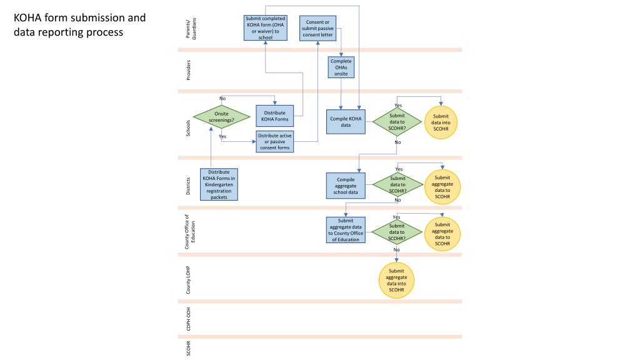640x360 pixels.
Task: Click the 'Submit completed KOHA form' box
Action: [265, 27]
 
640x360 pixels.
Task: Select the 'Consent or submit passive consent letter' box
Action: [317, 28]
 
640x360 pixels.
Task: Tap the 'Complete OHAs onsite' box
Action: [341, 67]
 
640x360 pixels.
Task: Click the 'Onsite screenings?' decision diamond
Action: [221, 117]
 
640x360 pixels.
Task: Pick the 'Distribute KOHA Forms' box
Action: [275, 116]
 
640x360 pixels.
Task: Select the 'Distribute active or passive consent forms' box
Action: [275, 142]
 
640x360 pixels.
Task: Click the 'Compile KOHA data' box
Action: [346, 122]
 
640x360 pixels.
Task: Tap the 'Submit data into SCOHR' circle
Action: [441, 122]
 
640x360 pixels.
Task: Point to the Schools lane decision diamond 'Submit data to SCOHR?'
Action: [397, 122]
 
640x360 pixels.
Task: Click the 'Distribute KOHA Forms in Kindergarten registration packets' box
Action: [219, 184]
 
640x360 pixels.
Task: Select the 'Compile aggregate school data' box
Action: [346, 186]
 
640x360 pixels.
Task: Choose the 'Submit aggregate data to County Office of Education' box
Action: [346, 230]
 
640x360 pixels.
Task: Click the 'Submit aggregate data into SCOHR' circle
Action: [396, 280]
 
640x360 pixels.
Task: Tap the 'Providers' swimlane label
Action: [188, 70]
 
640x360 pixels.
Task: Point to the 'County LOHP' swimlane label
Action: [188, 280]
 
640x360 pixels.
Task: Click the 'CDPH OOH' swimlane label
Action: [188, 319]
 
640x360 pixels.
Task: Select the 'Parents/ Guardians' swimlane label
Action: [191, 29]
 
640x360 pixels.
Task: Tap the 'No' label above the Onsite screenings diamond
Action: [222, 98]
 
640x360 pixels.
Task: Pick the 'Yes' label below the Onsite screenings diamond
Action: [222, 136]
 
